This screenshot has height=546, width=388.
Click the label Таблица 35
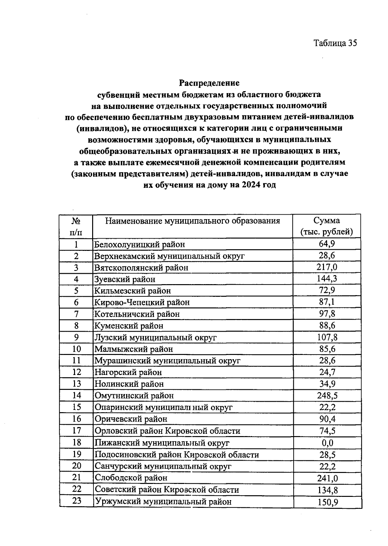tap(335, 43)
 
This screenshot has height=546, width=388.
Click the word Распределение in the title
tap(209, 83)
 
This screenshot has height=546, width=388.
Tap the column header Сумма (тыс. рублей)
tap(327, 226)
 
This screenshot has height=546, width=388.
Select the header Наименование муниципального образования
tap(193, 221)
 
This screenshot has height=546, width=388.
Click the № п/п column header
tap(76, 226)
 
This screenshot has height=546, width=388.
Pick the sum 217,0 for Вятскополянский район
tap(327, 267)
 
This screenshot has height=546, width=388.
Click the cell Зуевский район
tap(125, 279)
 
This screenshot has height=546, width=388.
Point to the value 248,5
tap(327, 395)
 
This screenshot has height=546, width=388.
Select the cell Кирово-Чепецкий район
tap(142, 302)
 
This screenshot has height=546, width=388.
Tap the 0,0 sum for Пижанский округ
tap(327, 443)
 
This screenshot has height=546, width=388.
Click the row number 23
tap(77, 501)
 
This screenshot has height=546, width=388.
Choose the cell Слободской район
tap(131, 478)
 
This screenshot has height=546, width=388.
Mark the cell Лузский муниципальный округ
tap(155, 337)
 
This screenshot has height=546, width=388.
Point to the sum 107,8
tap(327, 337)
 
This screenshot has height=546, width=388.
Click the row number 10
tap(77, 349)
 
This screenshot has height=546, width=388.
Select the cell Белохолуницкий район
tap(139, 244)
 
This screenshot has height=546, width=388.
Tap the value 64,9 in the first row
tap(327, 244)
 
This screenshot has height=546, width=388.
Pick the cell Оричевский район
tap(131, 419)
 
